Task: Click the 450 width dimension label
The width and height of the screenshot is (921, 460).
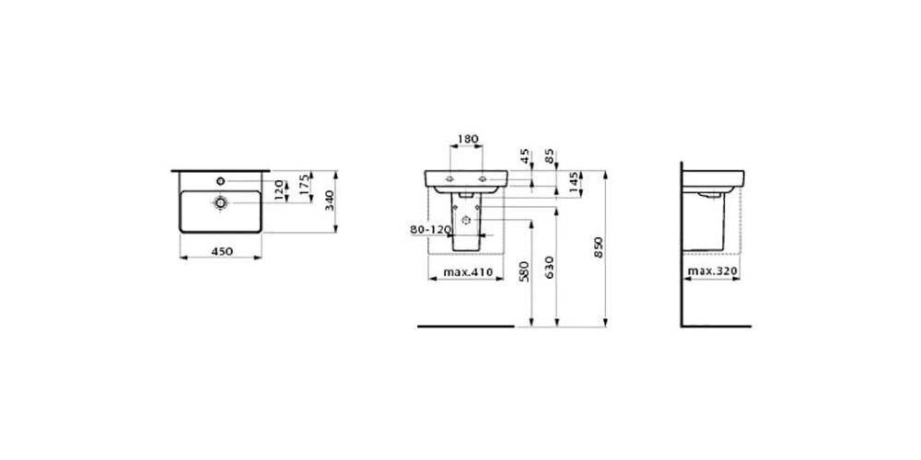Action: click(222, 251)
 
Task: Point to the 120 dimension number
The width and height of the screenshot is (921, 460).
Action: click(281, 189)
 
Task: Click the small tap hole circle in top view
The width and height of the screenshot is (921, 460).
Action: click(221, 180)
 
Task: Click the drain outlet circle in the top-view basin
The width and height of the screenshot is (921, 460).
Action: click(221, 202)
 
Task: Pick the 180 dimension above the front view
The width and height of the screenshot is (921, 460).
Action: click(468, 139)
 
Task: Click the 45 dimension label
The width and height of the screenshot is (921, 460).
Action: click(526, 156)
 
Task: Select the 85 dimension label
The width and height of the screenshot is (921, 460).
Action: click(549, 156)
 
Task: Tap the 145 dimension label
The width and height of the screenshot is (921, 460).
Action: click(574, 184)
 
